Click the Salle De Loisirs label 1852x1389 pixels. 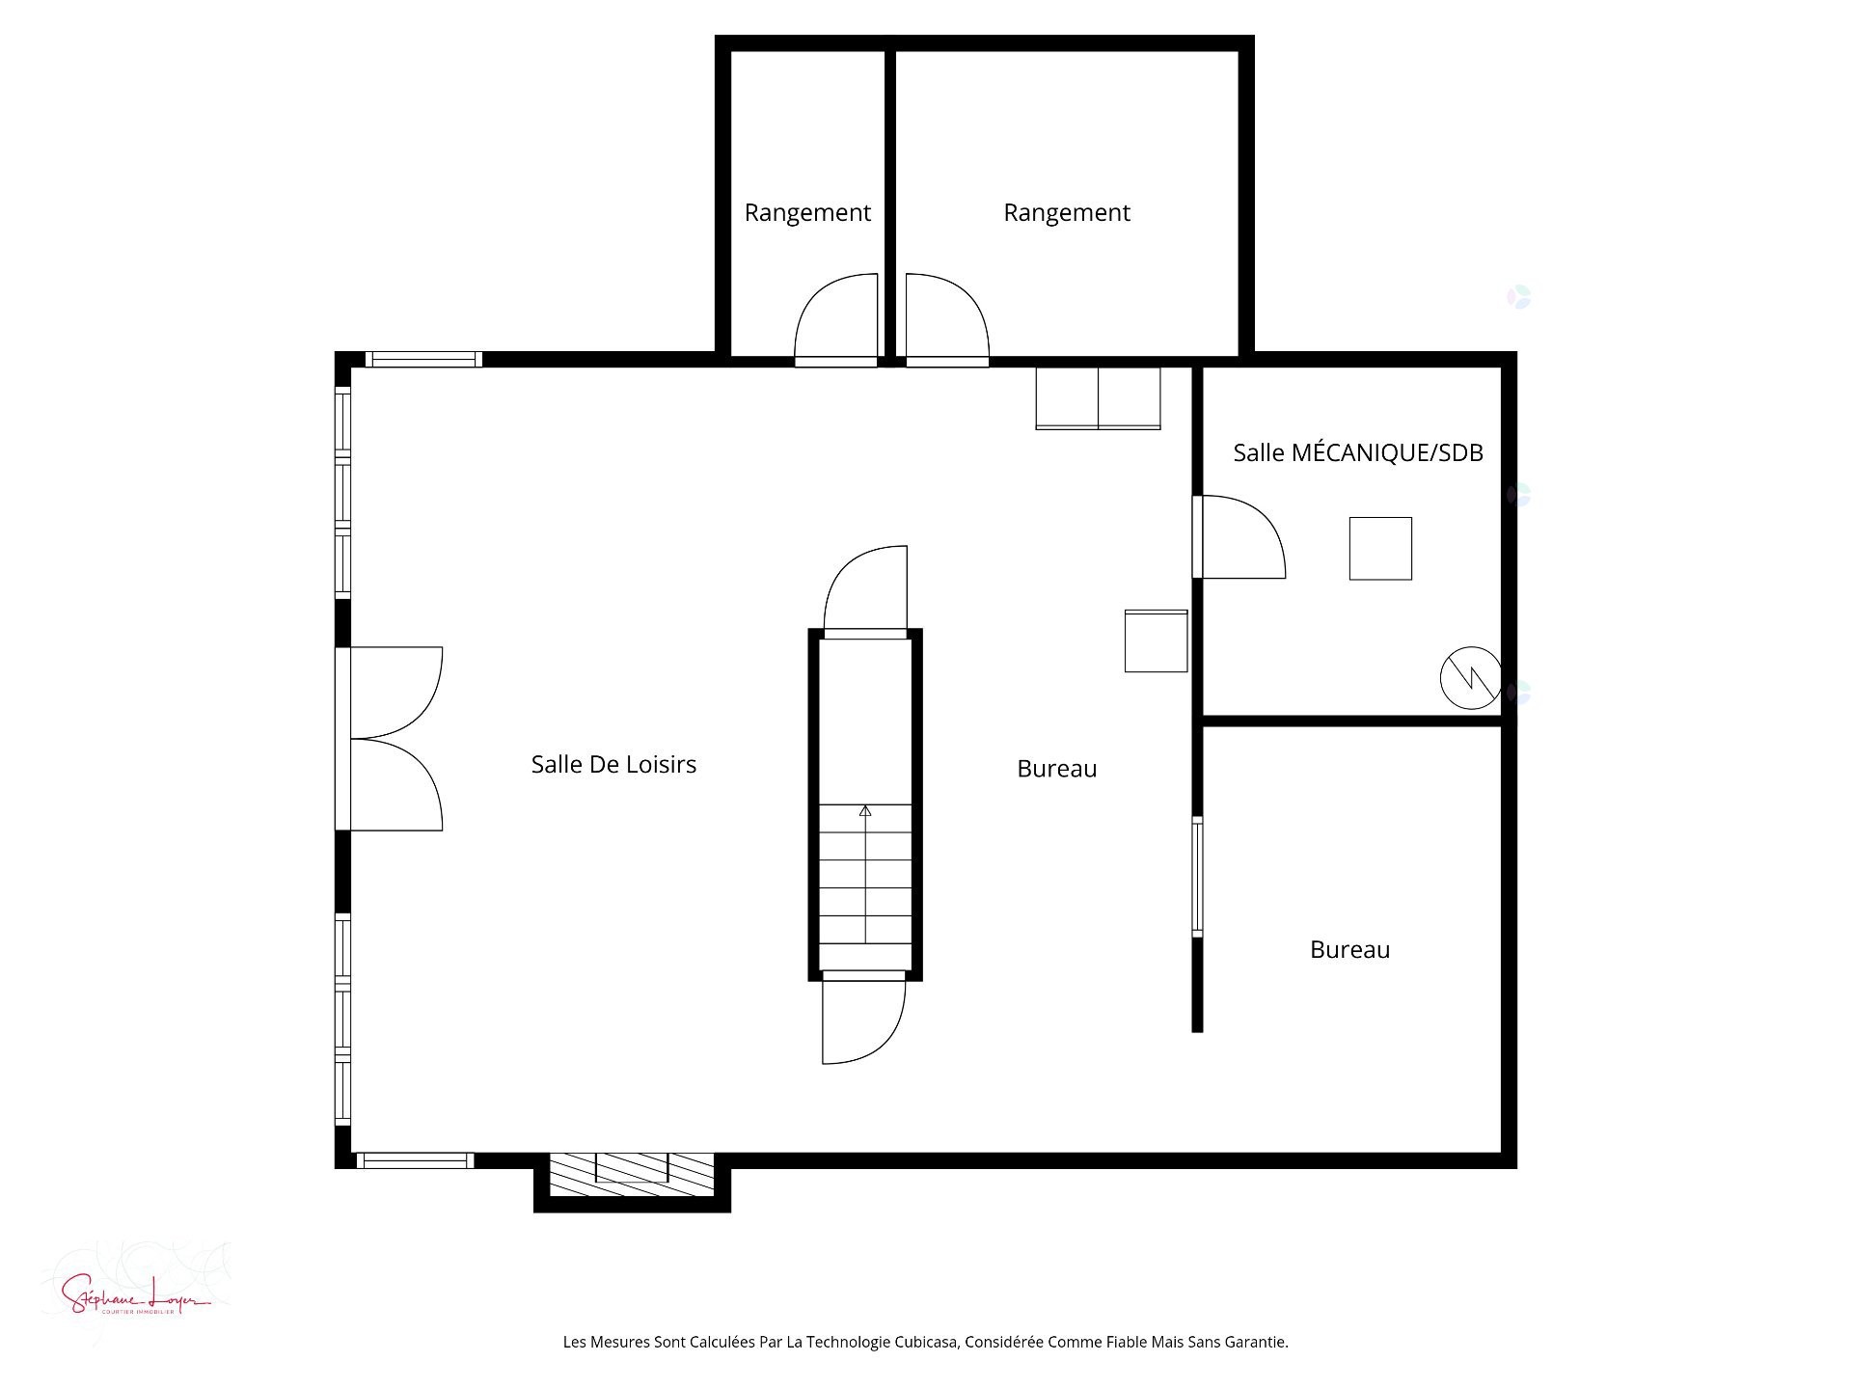point(613,764)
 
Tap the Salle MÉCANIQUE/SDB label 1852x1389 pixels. point(1357,452)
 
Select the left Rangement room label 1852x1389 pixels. point(807,212)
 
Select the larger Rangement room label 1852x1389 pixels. point(1066,212)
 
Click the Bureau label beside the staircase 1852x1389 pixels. point(1056,769)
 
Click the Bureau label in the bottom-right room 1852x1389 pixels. point(1349,949)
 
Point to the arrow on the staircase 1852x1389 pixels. point(865,812)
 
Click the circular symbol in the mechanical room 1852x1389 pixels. point(1470,677)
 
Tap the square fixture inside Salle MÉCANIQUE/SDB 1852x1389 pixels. point(1380,548)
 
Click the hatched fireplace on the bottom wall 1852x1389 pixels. point(632,1174)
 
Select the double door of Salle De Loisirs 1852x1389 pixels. point(391,739)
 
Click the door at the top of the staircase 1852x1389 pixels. point(866,590)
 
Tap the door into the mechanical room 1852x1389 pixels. point(1239,537)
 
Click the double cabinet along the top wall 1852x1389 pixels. point(1098,397)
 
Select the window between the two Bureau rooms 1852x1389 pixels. point(1197,876)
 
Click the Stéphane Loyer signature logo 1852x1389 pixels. point(135,1293)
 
